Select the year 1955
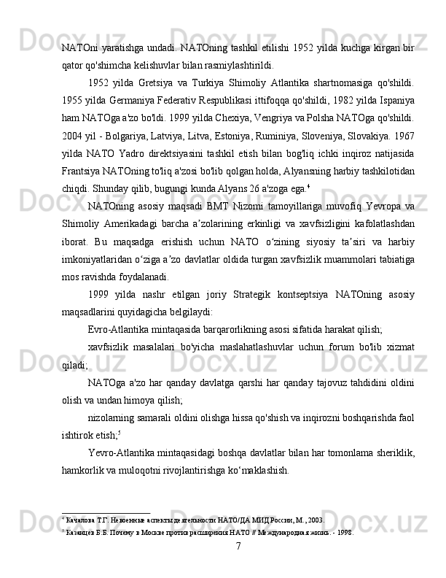[74, 99]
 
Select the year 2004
[74, 133]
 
